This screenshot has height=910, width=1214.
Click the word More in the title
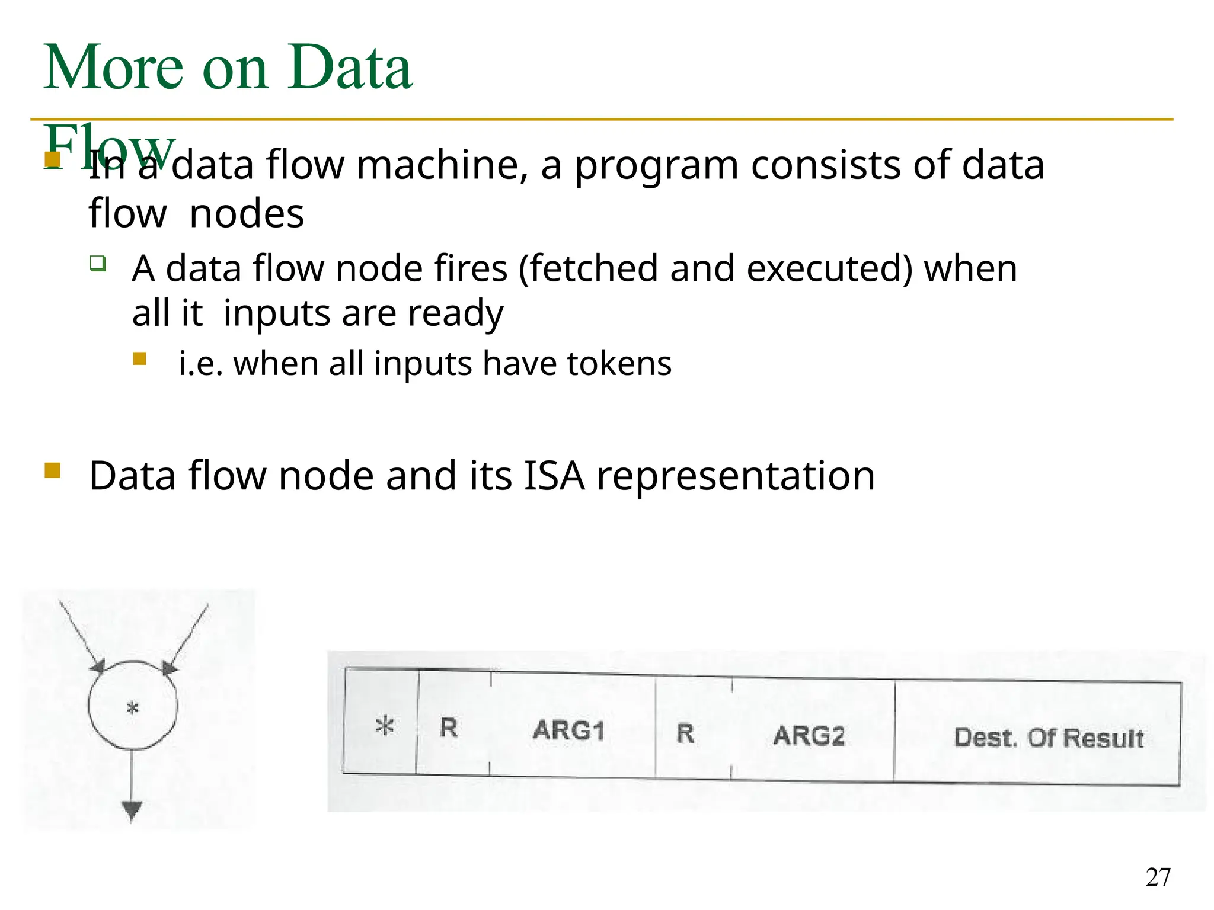coord(113,68)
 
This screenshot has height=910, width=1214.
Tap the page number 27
coord(1158,877)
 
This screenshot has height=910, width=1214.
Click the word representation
coord(736,476)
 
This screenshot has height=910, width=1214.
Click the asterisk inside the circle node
coord(133,708)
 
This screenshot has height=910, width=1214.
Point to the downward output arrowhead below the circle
coord(132,810)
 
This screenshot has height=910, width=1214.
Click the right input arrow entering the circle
coord(187,637)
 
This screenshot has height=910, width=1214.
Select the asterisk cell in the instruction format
coord(384,726)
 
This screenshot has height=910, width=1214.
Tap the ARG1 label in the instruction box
coord(568,730)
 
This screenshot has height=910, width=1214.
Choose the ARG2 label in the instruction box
coord(809,736)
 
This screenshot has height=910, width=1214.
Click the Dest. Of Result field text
coord(1049,738)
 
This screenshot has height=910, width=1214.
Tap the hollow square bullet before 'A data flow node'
coord(98,263)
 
